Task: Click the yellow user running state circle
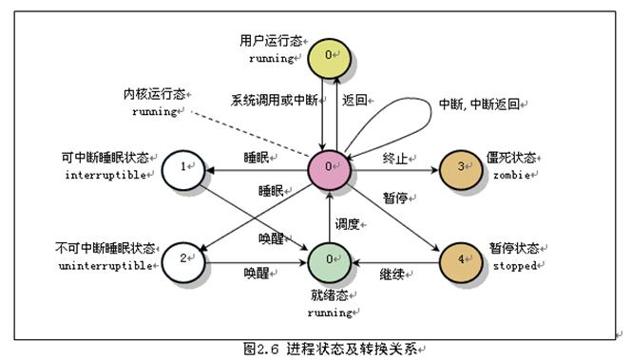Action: coord(329,58)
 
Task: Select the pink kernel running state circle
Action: coord(329,170)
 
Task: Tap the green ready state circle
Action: coord(329,263)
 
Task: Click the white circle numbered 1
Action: coord(183,170)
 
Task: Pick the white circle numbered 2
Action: coord(183,263)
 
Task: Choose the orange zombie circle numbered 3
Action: coord(461,170)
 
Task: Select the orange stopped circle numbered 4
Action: coord(461,263)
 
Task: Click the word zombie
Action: coord(511,176)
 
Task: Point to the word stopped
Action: coord(515,266)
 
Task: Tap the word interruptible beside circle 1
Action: coord(105,176)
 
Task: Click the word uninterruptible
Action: coord(105,266)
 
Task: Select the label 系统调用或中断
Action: coord(275,100)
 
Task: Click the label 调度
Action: coord(347,224)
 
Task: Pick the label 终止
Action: coord(395,159)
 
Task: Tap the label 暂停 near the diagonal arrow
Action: coord(395,198)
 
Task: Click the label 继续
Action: coord(392,275)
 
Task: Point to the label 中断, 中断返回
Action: coord(479,104)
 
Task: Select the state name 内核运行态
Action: coord(154,94)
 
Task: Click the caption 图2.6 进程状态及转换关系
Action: coord(331,350)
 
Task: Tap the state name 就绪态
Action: coord(329,295)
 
